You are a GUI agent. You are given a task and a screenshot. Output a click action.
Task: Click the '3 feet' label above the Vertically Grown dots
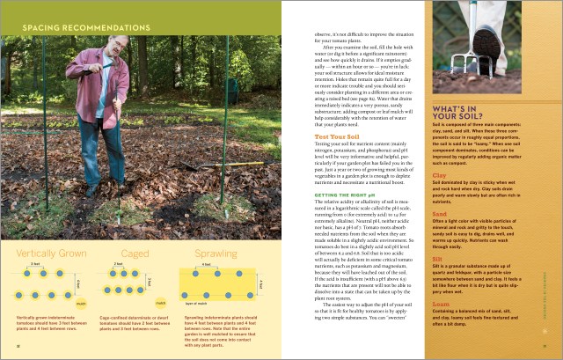[35, 239]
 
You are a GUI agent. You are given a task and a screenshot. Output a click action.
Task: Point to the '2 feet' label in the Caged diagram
[118, 239]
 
